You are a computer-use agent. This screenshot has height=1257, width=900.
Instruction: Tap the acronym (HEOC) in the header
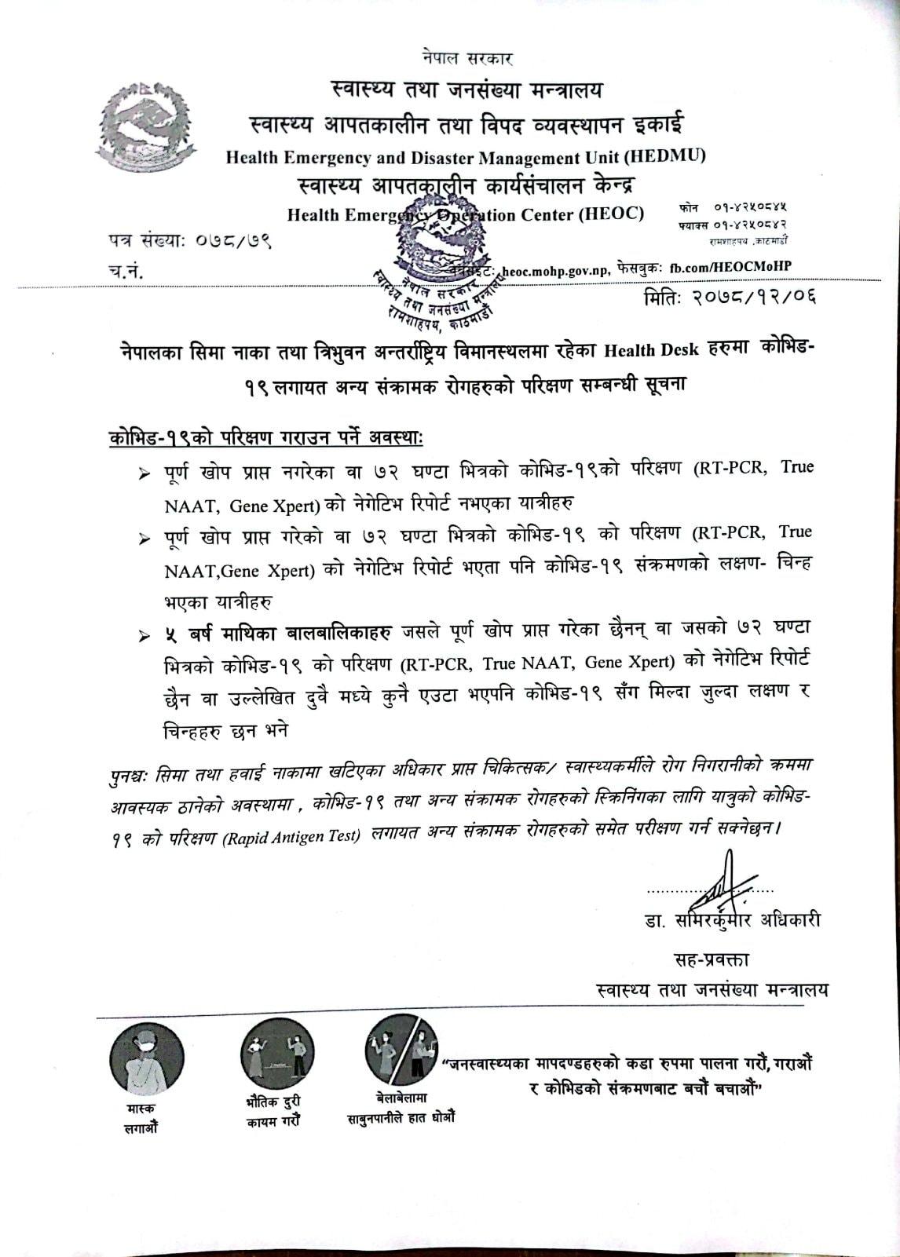[611, 214]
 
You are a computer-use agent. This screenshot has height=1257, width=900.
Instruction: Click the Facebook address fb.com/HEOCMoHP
[730, 266]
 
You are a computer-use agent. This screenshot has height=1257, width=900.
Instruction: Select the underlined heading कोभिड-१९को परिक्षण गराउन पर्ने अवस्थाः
[266, 436]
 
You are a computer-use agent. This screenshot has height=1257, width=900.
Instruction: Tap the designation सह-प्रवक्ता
[712, 959]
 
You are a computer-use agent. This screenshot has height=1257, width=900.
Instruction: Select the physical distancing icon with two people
[276, 1056]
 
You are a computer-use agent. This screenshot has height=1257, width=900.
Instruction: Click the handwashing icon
[401, 1050]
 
